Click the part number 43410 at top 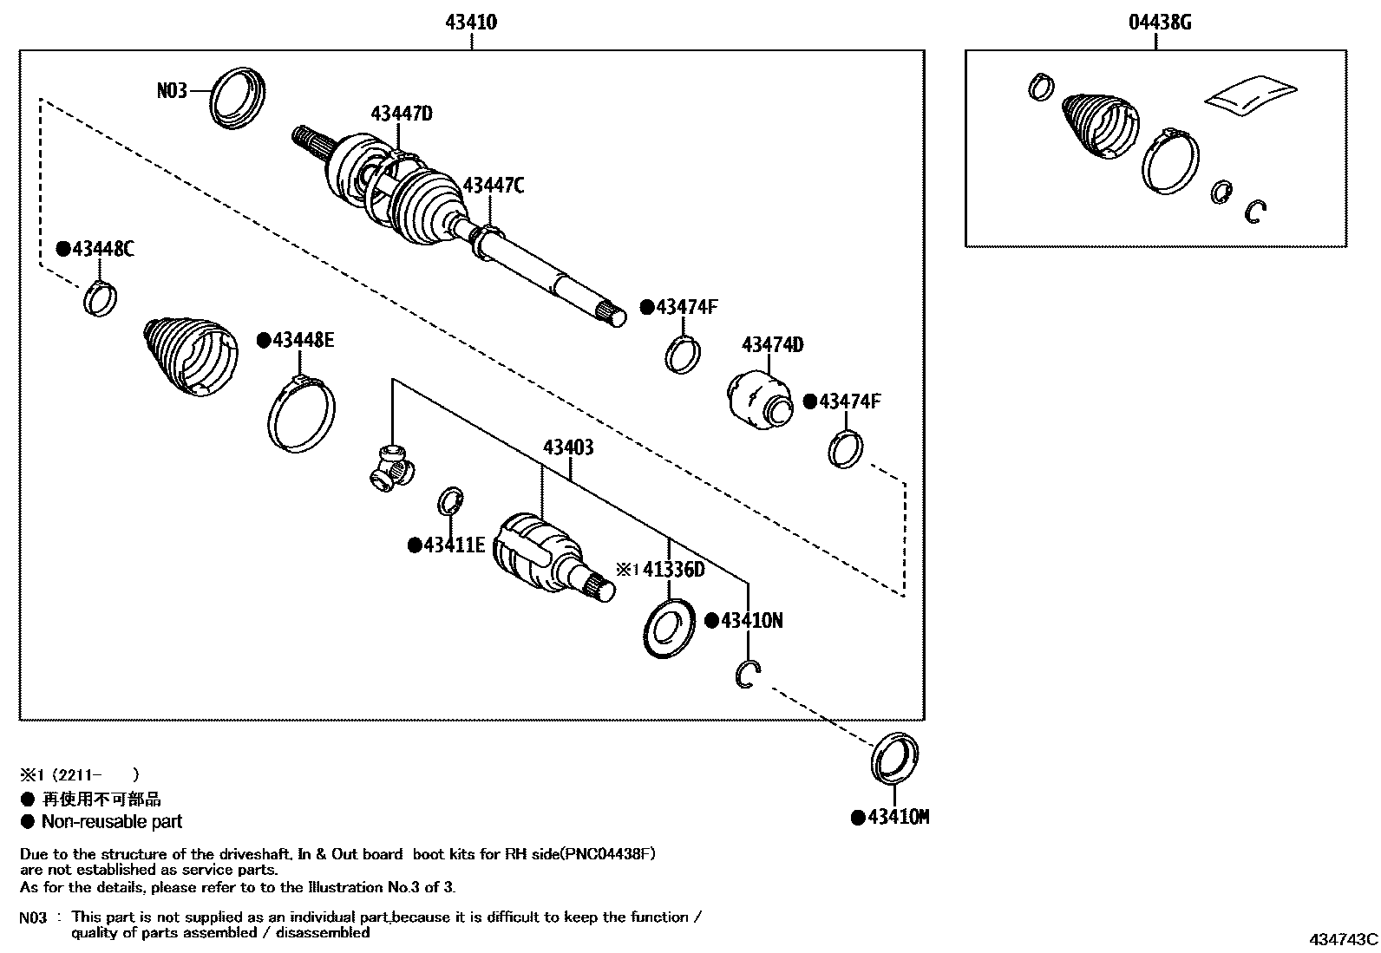click(x=471, y=23)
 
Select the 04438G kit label click(x=1159, y=23)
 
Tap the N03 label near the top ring click(x=172, y=90)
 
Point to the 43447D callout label click(x=402, y=114)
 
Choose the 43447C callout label click(x=493, y=186)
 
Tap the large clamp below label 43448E click(x=300, y=414)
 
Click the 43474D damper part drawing click(x=757, y=398)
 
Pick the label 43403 click(x=568, y=447)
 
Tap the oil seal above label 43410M click(x=893, y=757)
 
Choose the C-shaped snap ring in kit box click(x=1255, y=212)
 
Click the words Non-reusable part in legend click(x=112, y=822)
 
